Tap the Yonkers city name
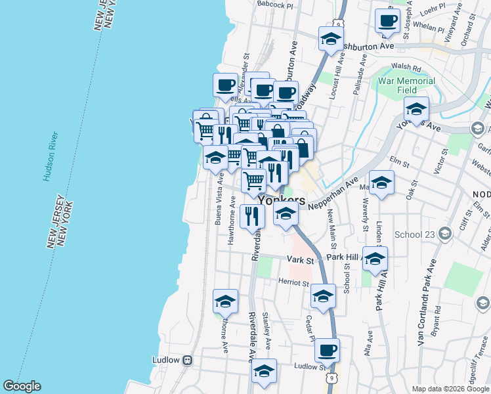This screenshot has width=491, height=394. (282, 200)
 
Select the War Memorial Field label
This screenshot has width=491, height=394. (406, 85)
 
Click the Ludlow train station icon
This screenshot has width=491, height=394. (188, 360)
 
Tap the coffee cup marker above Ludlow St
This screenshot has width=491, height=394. (327, 350)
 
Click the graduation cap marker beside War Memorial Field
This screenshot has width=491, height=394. (416, 109)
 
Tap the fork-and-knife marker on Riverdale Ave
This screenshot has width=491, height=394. (252, 216)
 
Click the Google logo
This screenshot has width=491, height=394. (22, 386)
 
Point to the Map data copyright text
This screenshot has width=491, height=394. (450, 389)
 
